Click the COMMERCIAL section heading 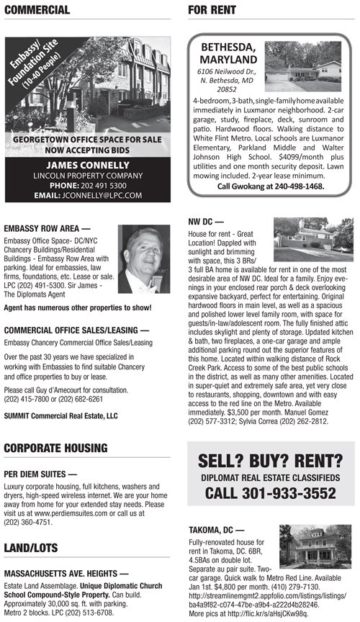pos(37,9)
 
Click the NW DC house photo pos(313,239)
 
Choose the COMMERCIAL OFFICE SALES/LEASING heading pos(76,330)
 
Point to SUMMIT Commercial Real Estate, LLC pos(60,415)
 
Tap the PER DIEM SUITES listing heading pos(40,474)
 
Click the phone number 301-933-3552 pos(271,494)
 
